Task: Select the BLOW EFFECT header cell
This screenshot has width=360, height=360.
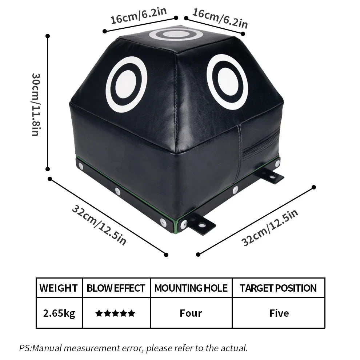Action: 116,288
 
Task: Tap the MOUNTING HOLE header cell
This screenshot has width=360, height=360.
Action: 191,288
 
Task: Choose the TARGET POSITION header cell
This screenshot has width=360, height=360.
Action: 278,288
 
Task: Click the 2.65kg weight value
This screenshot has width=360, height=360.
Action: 59,313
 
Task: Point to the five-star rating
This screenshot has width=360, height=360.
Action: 115,313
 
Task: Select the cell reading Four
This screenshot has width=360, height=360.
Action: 191,313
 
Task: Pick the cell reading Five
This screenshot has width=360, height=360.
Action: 279,313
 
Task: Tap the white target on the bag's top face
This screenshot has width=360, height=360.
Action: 176,35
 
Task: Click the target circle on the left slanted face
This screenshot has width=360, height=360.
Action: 126,84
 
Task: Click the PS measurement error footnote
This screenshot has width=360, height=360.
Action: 133,348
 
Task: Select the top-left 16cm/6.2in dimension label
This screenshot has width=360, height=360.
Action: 139,16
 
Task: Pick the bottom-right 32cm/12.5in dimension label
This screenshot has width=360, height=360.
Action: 270,228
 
